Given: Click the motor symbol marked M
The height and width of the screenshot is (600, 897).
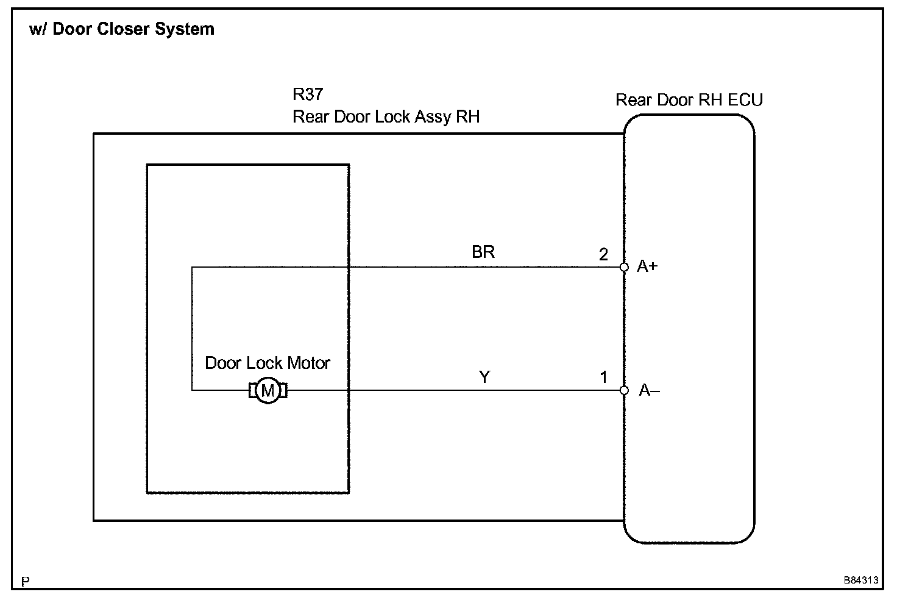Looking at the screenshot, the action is [x=268, y=390].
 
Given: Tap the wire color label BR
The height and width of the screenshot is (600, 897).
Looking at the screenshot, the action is [x=483, y=252].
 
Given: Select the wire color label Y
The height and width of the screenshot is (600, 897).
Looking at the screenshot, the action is [x=484, y=377].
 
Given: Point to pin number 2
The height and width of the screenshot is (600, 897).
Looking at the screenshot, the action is [x=603, y=254].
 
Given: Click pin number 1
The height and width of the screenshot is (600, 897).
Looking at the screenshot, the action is [x=604, y=377].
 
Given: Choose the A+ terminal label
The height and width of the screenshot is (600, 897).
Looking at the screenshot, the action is [x=647, y=266].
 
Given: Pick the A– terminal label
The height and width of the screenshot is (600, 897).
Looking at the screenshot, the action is [x=649, y=390].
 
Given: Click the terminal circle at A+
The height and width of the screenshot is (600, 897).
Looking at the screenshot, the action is [x=624, y=267].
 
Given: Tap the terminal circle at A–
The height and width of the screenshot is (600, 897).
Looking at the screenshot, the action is [x=624, y=390].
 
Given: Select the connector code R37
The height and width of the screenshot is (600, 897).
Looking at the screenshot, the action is [x=308, y=95].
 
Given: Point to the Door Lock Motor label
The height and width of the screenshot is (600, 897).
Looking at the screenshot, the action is [x=268, y=363].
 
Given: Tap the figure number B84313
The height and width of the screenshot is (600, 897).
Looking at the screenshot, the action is [x=861, y=580].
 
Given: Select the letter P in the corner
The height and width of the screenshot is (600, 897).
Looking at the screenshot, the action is [x=25, y=581].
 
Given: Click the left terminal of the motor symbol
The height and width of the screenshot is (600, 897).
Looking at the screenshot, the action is [x=253, y=390].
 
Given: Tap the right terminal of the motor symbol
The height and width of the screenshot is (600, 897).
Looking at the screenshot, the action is [x=283, y=390].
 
